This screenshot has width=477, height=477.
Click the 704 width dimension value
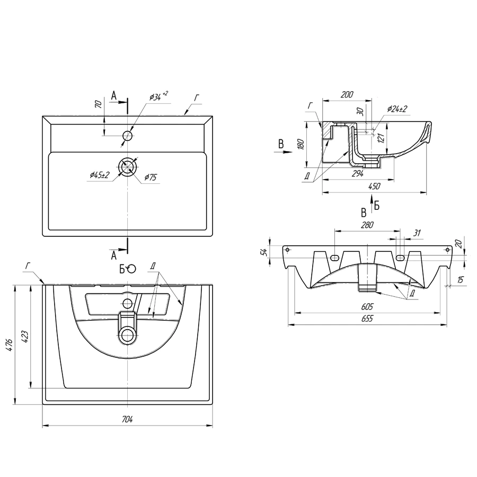click(127, 419)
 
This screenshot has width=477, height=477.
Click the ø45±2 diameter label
click(99, 174)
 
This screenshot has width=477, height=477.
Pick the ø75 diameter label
click(151, 178)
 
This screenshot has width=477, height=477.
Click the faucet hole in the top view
click(127, 136)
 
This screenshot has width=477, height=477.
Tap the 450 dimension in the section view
click(374, 186)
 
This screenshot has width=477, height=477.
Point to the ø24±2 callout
click(397, 109)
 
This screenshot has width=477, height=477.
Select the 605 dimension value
click(367, 306)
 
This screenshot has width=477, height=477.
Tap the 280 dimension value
click(367, 225)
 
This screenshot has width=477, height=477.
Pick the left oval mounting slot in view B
click(335, 257)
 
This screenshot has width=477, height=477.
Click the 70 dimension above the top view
click(98, 104)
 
